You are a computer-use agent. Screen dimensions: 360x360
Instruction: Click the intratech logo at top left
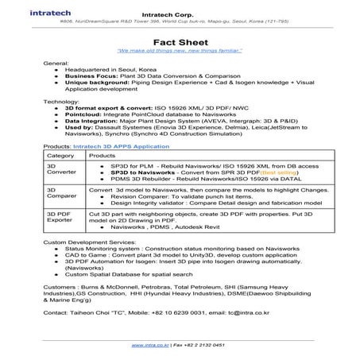pyautogui.click(x=31, y=14)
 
